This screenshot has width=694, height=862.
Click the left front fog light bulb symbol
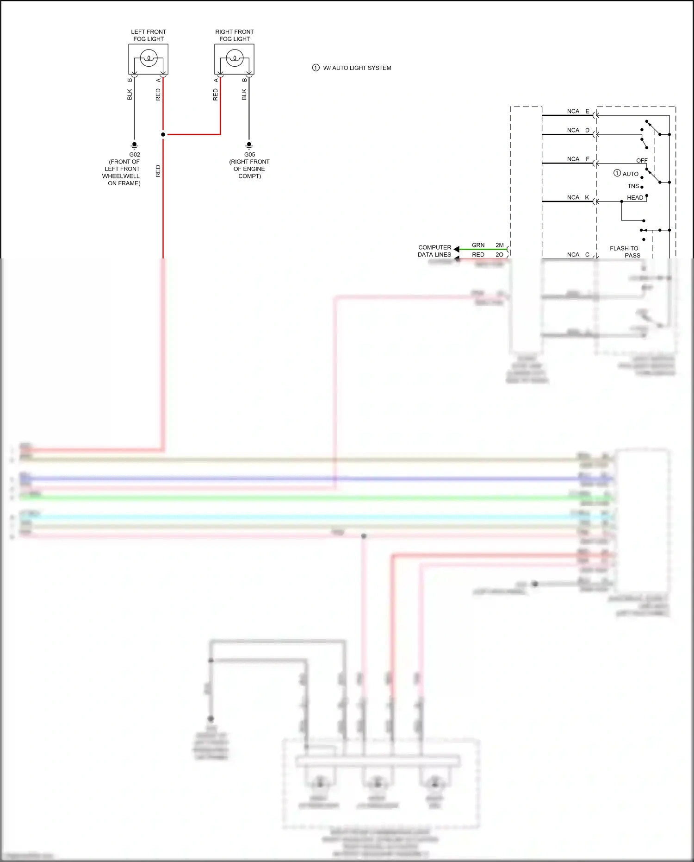[149, 59]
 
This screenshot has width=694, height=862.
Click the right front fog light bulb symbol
[235, 59]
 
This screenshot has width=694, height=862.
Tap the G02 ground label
[135, 155]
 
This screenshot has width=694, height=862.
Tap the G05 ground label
[249, 155]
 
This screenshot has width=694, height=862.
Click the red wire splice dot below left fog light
[163, 134]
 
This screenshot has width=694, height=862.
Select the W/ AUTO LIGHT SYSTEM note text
[357, 68]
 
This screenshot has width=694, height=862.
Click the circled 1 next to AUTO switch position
[617, 173]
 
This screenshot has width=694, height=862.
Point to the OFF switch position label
[642, 161]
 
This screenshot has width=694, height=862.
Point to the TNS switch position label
[633, 186]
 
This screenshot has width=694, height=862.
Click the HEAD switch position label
[635, 198]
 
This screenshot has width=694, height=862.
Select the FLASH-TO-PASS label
[625, 252]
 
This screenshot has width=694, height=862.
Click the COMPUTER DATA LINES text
[434, 251]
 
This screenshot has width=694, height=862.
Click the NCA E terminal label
[578, 112]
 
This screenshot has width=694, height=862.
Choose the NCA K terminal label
[578, 198]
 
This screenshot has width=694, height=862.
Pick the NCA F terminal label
[578, 159]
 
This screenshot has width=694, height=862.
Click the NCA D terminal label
[578, 131]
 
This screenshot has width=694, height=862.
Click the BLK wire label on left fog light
[130, 94]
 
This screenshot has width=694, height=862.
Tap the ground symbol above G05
[249, 145]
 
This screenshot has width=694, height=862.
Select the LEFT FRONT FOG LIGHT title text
[149, 36]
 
